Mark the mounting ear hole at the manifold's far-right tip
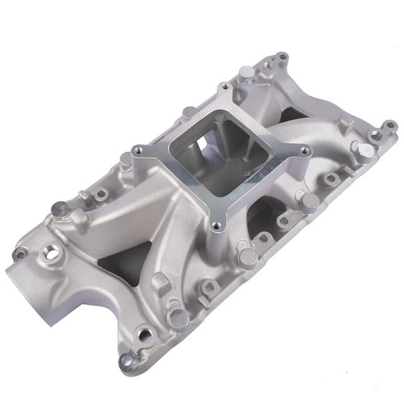390,125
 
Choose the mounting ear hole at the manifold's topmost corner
281,57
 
